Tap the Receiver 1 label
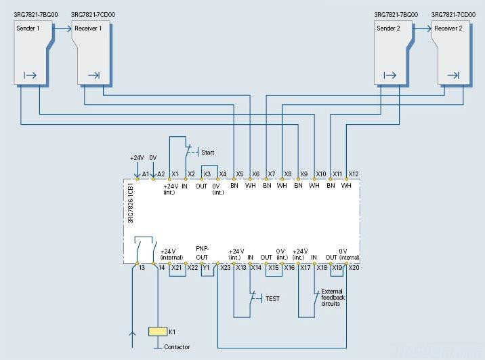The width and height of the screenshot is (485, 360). (87, 28)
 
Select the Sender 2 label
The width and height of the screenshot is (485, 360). (389, 28)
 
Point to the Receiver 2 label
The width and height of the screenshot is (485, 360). (448, 28)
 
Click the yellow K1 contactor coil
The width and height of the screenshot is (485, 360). (157, 332)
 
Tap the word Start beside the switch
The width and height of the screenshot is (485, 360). (207, 153)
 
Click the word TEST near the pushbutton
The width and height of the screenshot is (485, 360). (272, 298)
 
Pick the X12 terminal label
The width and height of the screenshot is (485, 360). (354, 174)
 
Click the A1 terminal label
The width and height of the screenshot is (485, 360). (146, 174)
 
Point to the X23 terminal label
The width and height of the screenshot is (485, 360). (226, 268)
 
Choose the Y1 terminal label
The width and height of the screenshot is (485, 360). (206, 268)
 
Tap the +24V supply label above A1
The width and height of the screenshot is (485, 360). (137, 158)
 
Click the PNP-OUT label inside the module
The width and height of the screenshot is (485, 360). (203, 252)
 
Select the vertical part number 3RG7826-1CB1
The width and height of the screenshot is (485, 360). (131, 203)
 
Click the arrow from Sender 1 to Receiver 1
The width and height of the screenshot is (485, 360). (62, 28)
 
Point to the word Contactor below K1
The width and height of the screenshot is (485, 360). (177, 347)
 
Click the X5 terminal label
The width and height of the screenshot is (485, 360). (240, 174)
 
